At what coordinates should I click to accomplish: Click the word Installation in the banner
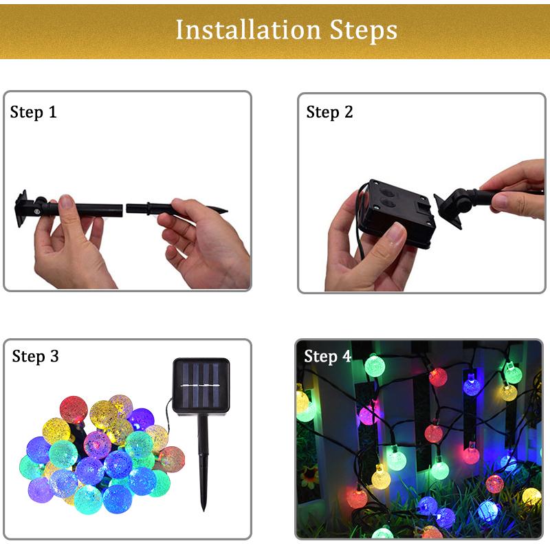(248, 30)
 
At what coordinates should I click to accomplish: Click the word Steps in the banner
(364, 31)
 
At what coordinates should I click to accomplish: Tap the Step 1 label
(33, 113)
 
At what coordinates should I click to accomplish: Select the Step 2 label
(329, 113)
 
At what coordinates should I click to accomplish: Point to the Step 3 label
(35, 356)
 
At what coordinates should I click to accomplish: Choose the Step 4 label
(327, 356)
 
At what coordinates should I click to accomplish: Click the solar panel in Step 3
(201, 386)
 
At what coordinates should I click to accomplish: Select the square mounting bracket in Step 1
(21, 209)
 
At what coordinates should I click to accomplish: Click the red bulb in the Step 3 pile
(74, 409)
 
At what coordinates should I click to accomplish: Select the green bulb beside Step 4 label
(375, 366)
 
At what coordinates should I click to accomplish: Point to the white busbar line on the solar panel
(200, 385)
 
